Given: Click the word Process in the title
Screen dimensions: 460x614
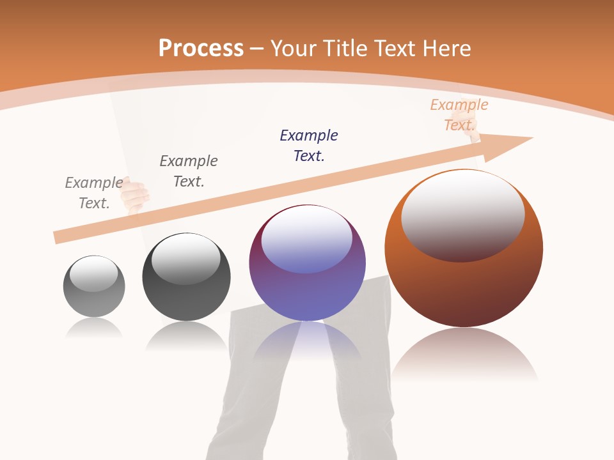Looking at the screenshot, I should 201,49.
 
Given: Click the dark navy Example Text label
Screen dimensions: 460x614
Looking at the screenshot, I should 309,146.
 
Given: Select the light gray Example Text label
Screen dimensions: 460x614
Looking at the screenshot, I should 94,193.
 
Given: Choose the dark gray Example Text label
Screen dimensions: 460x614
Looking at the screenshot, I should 189,171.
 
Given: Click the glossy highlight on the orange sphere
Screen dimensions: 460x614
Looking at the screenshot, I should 462,214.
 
